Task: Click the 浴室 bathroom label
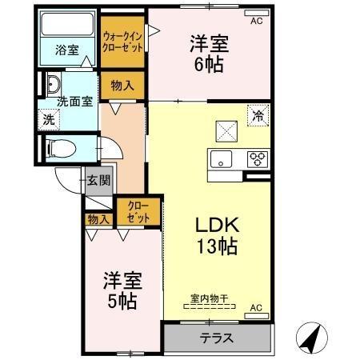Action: pyautogui.click(x=67, y=50)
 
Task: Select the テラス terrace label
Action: pyautogui.click(x=217, y=338)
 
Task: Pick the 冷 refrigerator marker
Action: pyautogui.click(x=258, y=115)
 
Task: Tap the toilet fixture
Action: pyautogui.click(x=58, y=146)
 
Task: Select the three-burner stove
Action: pyautogui.click(x=257, y=158)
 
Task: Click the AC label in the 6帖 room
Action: pyautogui.click(x=256, y=22)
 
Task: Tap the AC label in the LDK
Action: pyautogui.click(x=256, y=307)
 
